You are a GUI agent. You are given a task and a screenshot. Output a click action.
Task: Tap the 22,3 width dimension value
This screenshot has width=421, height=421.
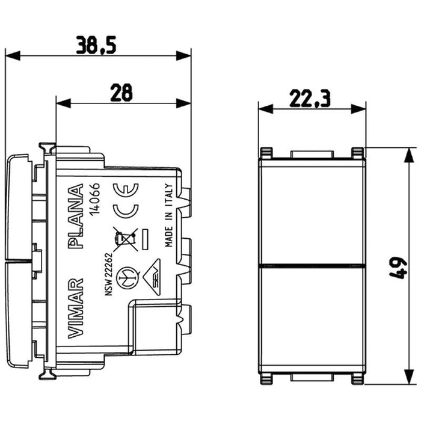point(312,98)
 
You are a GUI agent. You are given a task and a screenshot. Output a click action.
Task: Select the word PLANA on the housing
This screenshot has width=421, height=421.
point(76,217)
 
